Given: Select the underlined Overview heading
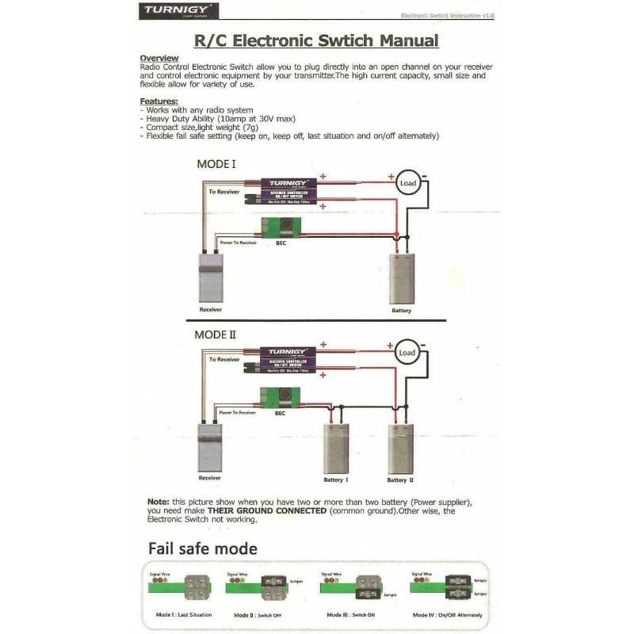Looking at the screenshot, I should (x=158, y=59).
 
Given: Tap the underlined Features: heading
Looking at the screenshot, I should (x=158, y=101).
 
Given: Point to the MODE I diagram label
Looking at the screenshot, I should (x=216, y=165).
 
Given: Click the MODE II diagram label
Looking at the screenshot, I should (x=216, y=334).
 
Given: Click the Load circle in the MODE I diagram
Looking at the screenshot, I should (x=407, y=182).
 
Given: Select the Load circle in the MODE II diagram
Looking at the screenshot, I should (x=407, y=352).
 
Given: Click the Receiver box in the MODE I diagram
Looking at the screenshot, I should (x=211, y=277).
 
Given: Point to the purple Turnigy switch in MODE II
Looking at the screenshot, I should (x=287, y=361).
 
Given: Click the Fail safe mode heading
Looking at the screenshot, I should (x=202, y=548).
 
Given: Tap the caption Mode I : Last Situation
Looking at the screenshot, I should (x=184, y=615).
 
